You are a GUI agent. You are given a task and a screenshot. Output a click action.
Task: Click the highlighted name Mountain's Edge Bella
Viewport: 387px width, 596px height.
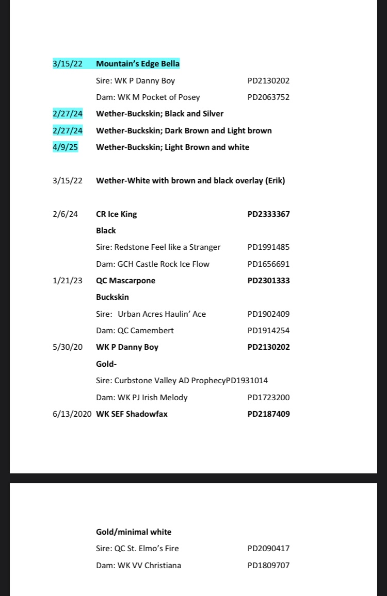pos(138,64)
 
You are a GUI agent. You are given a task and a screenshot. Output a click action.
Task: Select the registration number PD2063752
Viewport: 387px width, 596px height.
pos(268,97)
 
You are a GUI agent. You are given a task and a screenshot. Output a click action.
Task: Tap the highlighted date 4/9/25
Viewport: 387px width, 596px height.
pos(65,147)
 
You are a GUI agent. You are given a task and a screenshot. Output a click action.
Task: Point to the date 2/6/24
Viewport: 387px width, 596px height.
pos(65,214)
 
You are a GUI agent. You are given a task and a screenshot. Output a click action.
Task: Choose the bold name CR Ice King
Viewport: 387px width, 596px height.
pos(117,214)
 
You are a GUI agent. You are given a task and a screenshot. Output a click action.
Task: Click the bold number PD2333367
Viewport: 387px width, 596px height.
pos(268,214)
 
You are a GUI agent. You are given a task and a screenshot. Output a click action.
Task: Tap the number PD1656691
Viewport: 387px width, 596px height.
pos(268,264)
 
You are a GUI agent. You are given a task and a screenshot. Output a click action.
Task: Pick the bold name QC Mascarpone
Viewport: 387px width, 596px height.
pos(125,281)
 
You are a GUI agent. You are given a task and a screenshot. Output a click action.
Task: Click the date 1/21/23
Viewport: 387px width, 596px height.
pos(68,281)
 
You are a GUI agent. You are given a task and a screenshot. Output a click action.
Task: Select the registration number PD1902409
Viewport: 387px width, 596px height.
pos(268,314)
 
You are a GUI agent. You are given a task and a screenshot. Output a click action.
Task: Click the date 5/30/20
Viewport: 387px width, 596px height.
pos(68,347)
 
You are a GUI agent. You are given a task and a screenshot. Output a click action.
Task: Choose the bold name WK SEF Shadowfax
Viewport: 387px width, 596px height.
pos(132,414)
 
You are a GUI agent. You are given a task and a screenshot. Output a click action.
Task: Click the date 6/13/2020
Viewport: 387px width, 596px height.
pos(72,414)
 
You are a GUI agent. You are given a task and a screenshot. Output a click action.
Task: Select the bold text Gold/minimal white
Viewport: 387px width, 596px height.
pos(134,532)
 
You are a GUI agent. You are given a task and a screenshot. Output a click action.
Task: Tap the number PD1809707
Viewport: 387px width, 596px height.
pos(268,565)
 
